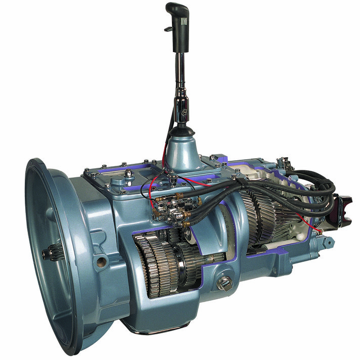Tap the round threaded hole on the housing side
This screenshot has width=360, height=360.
click(x=102, y=261)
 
